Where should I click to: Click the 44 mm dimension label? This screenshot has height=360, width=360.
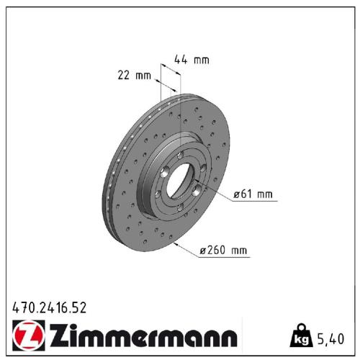pyautogui.click(x=192, y=60)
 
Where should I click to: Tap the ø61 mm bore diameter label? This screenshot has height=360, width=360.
pyautogui.click(x=253, y=194)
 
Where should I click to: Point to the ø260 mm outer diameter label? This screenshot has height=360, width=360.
pyautogui.click(x=223, y=251)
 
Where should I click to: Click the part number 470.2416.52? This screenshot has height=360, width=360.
pyautogui.click(x=50, y=308)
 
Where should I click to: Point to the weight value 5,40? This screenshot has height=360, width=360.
pyautogui.click(x=330, y=336)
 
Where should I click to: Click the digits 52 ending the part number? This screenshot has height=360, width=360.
pyautogui.click(x=81, y=308)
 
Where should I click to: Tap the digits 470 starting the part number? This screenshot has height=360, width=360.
pyautogui.click(x=22, y=308)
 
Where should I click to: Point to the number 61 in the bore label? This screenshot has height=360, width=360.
pyautogui.click(x=246, y=194)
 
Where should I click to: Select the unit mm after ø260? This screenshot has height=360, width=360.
pyautogui.click(x=239, y=251)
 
